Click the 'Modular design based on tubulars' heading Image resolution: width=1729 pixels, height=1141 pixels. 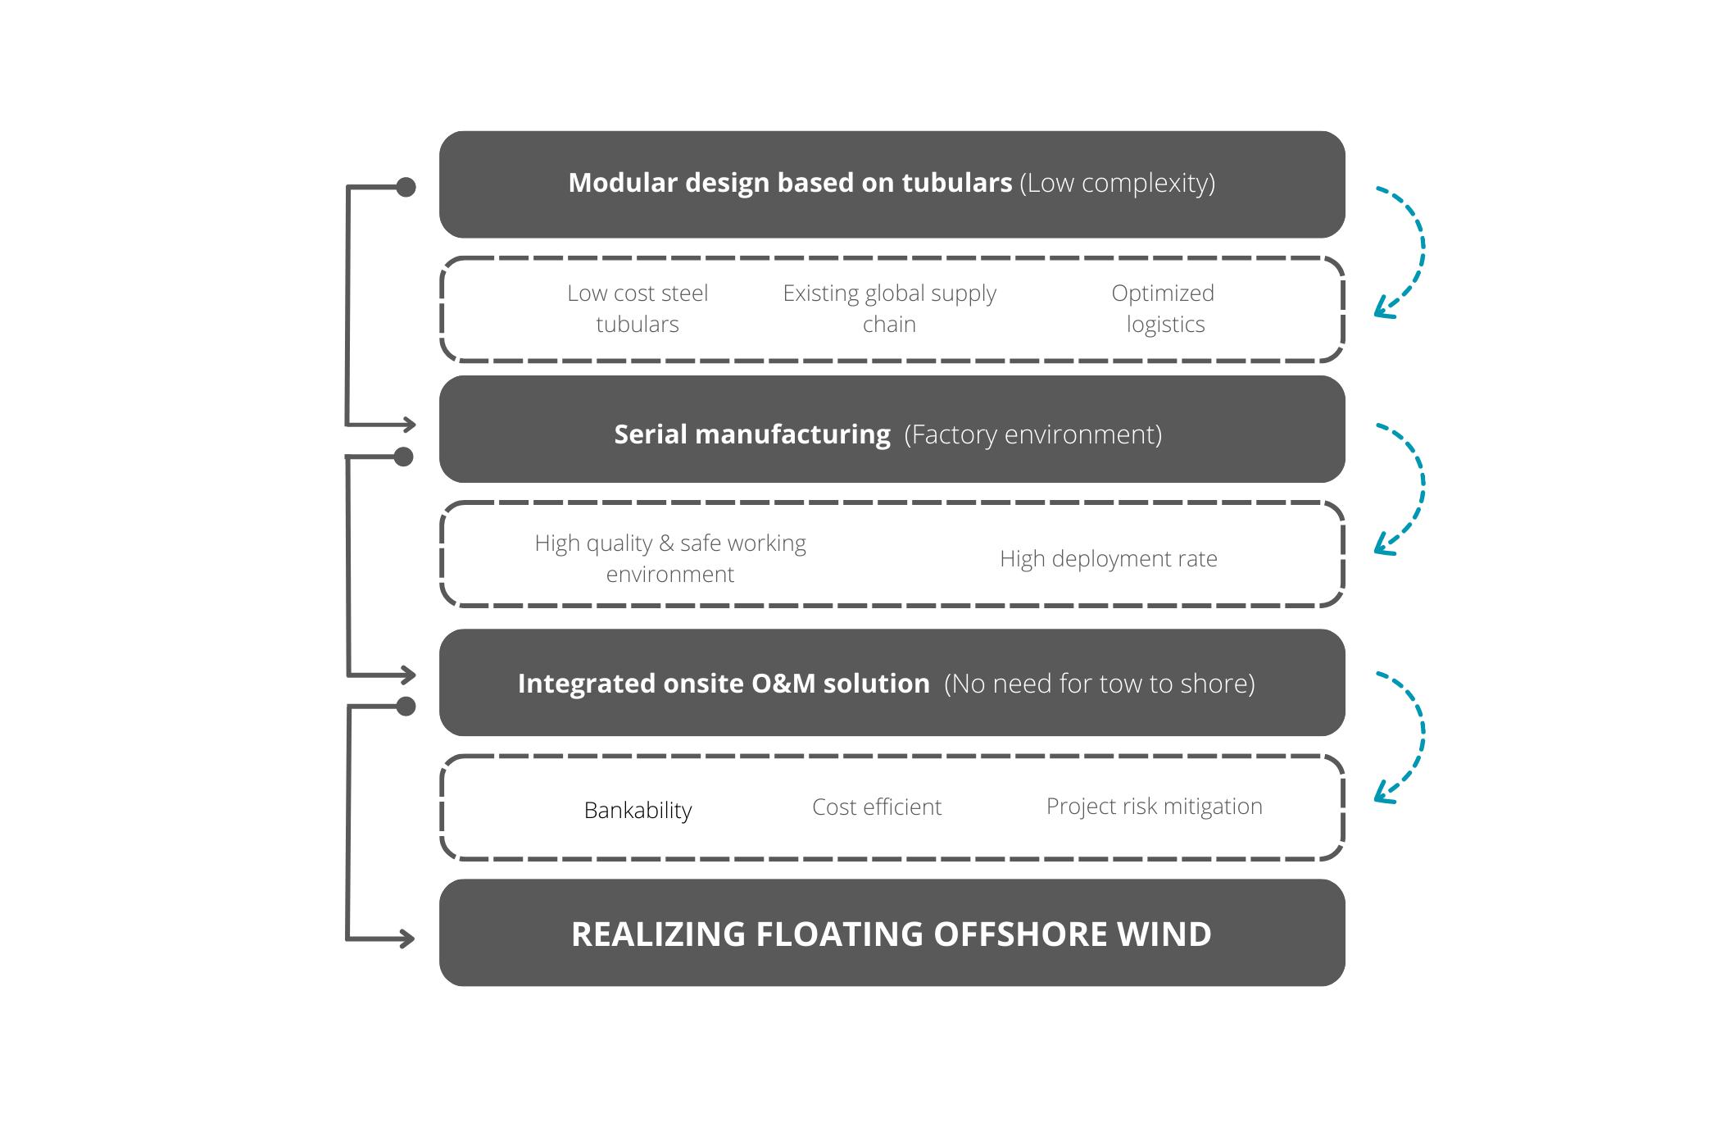point(790,183)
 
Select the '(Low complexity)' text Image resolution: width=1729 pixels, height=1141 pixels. point(1117,183)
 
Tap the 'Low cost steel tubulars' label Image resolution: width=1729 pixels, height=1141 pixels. point(638,308)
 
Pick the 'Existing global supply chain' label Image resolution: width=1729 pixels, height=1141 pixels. point(889,308)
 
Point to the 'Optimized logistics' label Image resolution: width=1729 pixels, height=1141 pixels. point(1164,308)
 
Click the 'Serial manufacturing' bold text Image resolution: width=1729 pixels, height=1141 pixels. point(751,434)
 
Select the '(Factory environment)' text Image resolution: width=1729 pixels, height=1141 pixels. point(1032,434)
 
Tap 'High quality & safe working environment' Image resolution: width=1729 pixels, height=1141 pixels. point(670,558)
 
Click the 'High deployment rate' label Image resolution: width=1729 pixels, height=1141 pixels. point(1108,559)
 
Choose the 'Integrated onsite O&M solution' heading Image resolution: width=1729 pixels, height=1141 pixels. point(724,684)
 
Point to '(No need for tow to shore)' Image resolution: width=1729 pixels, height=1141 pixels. point(1099,684)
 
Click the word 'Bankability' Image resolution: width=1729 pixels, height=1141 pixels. point(638,810)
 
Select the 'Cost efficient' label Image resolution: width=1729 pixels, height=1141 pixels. point(877,807)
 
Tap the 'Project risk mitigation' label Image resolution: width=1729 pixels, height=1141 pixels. point(1154,807)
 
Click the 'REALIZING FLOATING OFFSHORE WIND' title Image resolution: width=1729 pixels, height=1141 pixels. point(891,934)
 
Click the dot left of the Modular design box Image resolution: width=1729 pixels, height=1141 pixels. point(406,188)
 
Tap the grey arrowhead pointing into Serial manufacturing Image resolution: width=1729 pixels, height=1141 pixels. point(407,425)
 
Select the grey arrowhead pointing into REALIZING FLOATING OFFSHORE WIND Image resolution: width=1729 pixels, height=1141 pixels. point(406,939)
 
